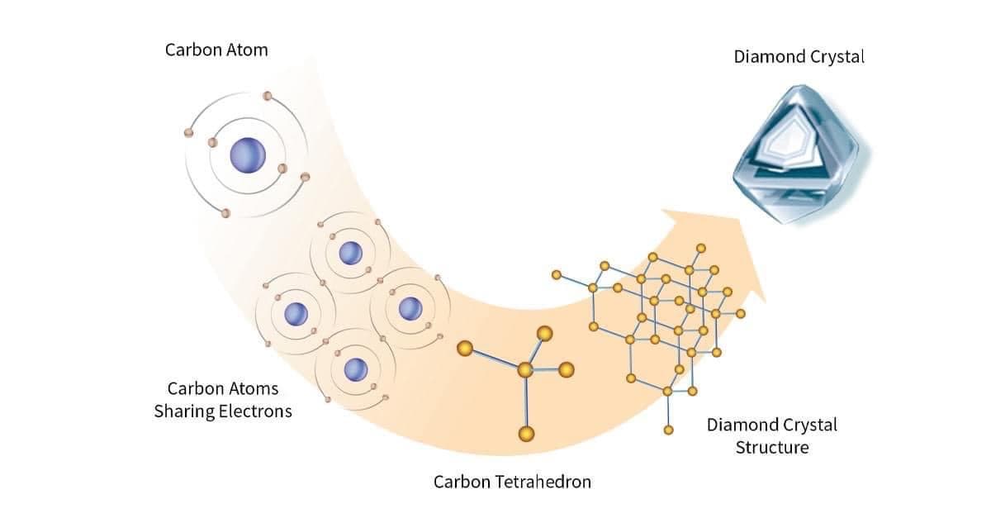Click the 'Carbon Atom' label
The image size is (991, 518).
(x=216, y=50)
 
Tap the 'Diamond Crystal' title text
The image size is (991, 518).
(x=799, y=57)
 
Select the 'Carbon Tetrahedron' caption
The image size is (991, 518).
(x=512, y=481)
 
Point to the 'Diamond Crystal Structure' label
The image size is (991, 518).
(x=771, y=436)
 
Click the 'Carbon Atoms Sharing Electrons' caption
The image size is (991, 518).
(x=223, y=399)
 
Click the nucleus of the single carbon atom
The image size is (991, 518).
(x=248, y=154)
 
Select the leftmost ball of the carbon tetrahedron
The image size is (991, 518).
(x=465, y=349)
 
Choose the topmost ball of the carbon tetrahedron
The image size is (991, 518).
(x=544, y=333)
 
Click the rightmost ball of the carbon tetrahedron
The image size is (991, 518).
(x=567, y=369)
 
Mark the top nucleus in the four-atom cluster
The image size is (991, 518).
(x=351, y=253)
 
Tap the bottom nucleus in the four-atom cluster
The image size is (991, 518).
(x=356, y=369)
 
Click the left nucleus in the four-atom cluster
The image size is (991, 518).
(x=296, y=314)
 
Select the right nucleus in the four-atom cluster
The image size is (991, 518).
(x=410, y=308)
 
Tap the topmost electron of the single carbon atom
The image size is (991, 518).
(x=267, y=96)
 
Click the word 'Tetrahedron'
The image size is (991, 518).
(x=547, y=481)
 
